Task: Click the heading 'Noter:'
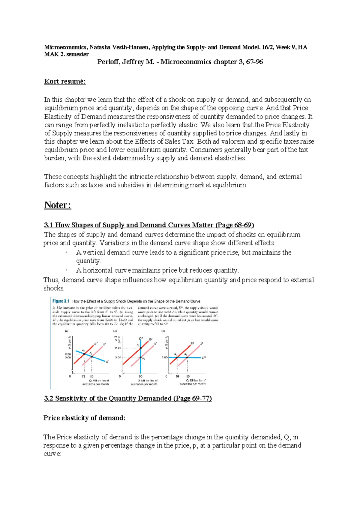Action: point(58,205)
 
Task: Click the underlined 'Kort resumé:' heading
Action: point(65,81)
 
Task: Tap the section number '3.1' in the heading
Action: point(48,225)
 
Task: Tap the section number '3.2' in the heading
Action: point(48,398)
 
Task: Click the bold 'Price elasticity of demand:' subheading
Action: point(84,418)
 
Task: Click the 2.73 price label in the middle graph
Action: point(118,348)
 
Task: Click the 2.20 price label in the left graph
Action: point(68,354)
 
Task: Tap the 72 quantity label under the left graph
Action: point(84,376)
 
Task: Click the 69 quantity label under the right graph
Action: point(177,376)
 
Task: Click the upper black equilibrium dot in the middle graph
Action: point(141,348)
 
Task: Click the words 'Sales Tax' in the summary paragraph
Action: point(181,141)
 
